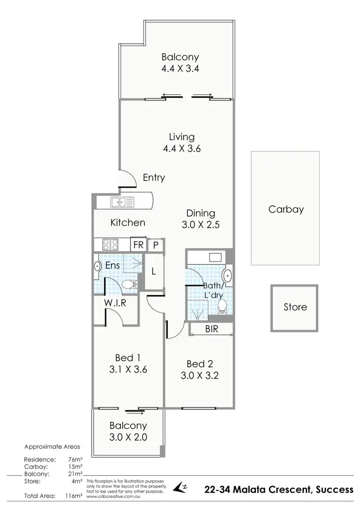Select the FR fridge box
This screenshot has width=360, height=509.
pyautogui.click(x=139, y=244)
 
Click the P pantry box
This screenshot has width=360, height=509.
pyautogui.click(x=156, y=244)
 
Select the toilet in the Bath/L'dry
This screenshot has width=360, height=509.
pyautogui.click(x=222, y=305)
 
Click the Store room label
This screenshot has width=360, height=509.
pyautogui.click(x=295, y=307)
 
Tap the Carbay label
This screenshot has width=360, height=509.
pyautogui.click(x=286, y=209)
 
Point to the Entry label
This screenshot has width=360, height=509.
pyautogui.click(x=154, y=178)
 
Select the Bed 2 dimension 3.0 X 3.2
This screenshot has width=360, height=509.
pyautogui.click(x=200, y=376)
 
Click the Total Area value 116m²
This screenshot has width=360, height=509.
pyautogui.click(x=75, y=495)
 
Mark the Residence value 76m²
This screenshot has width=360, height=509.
pyautogui.click(x=76, y=460)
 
